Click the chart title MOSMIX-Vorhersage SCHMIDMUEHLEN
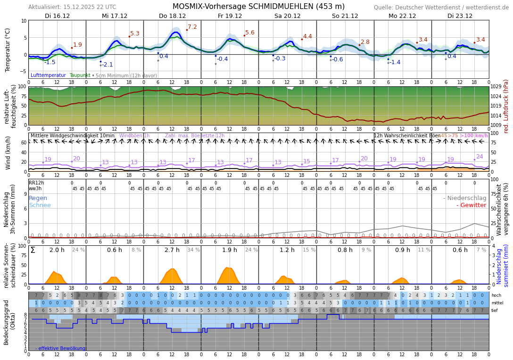(x=258, y=7)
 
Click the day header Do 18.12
(x=172, y=16)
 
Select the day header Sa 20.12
(x=287, y=16)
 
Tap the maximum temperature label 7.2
(x=192, y=27)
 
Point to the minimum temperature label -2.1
(x=108, y=65)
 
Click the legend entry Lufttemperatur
(x=48, y=75)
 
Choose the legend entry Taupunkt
(x=80, y=75)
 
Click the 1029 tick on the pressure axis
(x=496, y=87)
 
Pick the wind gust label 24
(x=480, y=157)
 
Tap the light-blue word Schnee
(x=40, y=205)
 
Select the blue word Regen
(x=38, y=198)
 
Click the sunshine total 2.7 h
(x=172, y=250)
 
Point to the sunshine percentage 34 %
(x=194, y=250)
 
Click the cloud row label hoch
(x=496, y=295)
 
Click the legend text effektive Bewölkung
(x=62, y=348)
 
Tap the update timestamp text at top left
(x=72, y=7)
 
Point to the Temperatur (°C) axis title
(x=8, y=50)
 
